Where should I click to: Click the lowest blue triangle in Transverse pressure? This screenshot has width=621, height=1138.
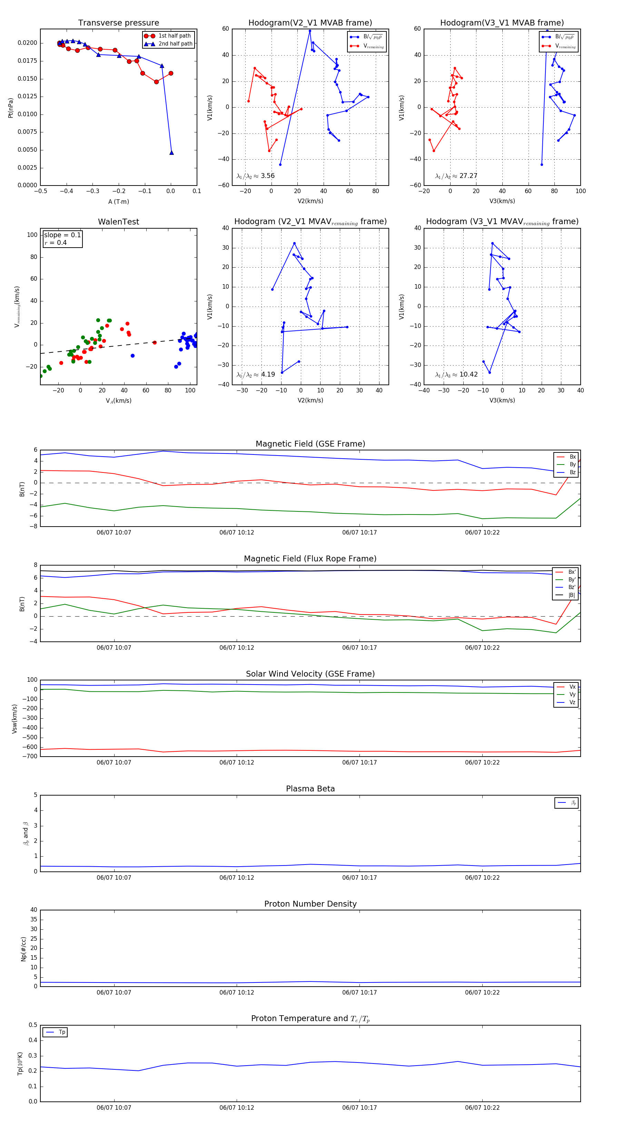(x=171, y=153)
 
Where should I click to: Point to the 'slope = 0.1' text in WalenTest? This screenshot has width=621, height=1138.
(x=62, y=235)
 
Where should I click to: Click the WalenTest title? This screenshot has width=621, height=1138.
(x=118, y=222)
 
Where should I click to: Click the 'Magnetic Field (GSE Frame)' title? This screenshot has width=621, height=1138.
(x=310, y=444)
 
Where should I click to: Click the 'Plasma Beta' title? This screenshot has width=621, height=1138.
(x=310, y=789)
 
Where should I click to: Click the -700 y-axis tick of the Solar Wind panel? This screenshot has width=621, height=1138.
(x=31, y=756)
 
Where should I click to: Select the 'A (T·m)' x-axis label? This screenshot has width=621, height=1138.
(x=118, y=202)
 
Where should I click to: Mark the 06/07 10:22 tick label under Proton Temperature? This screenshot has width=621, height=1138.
(x=482, y=1108)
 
